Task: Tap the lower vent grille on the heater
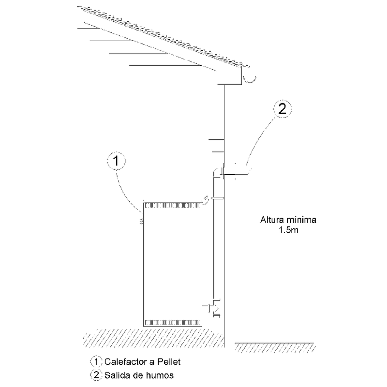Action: [x=171, y=321]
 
